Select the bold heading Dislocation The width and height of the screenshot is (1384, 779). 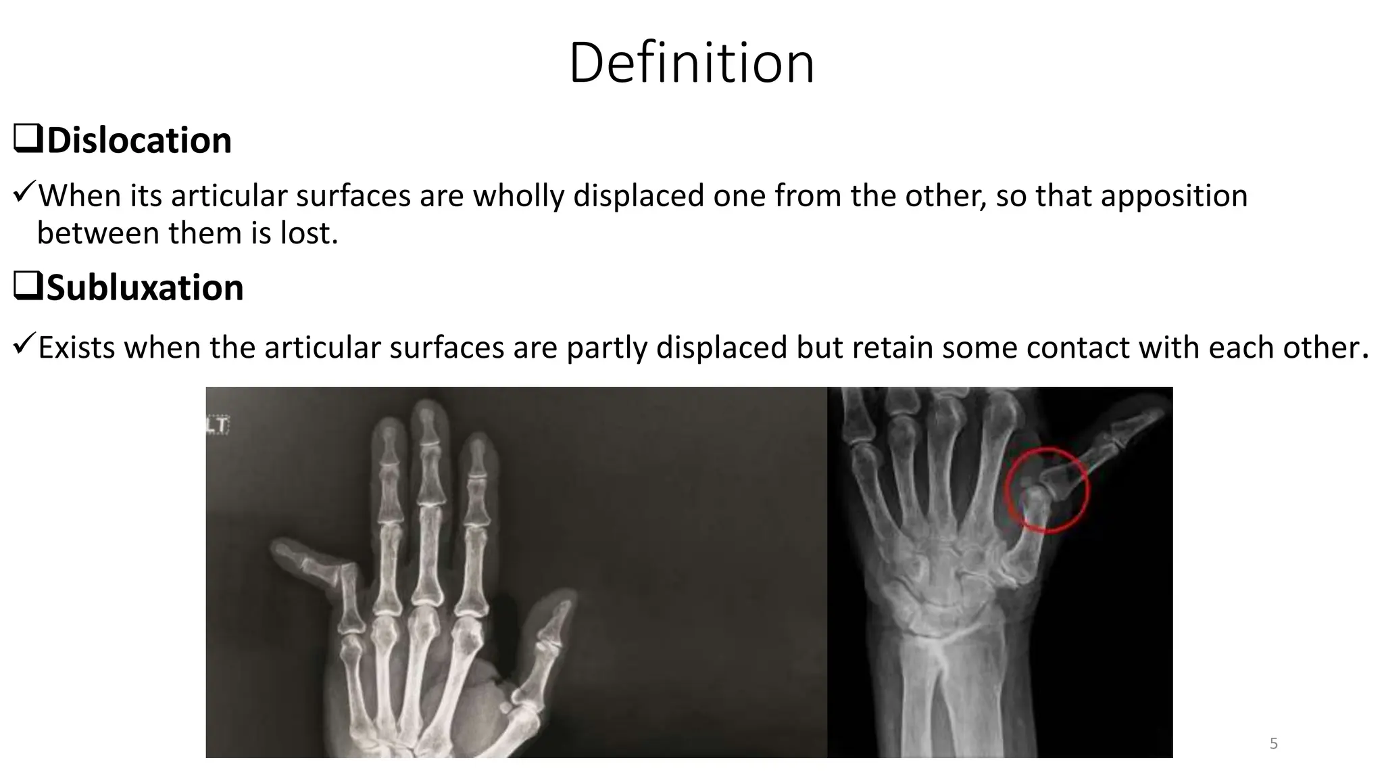coord(139,141)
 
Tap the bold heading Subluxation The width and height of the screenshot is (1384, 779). coord(145,287)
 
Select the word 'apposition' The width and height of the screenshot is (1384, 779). coord(1174,196)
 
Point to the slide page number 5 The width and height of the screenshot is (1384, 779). coord(1273,744)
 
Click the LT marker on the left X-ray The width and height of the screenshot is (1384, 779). coord(218,425)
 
